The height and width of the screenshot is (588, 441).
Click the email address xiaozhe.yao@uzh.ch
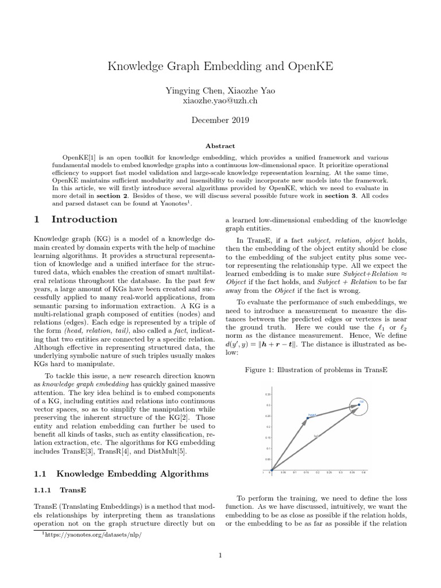[x=220, y=100]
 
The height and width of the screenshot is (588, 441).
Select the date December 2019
[x=220, y=121]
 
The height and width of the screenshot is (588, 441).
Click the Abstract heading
[x=220, y=146]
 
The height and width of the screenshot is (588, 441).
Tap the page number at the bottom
[x=220, y=555]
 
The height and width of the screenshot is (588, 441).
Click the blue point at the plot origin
[x=272, y=469]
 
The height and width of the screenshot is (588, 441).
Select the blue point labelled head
[x=307, y=418]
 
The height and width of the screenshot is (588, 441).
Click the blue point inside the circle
[x=359, y=405]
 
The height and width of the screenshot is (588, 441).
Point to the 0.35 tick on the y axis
[x=267, y=394]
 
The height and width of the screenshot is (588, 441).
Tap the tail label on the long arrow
[x=316, y=436]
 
